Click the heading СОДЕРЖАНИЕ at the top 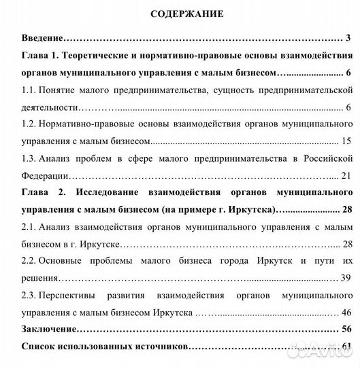click(x=180, y=14)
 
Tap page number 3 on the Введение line click(x=347, y=38)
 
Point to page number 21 click(x=346, y=175)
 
